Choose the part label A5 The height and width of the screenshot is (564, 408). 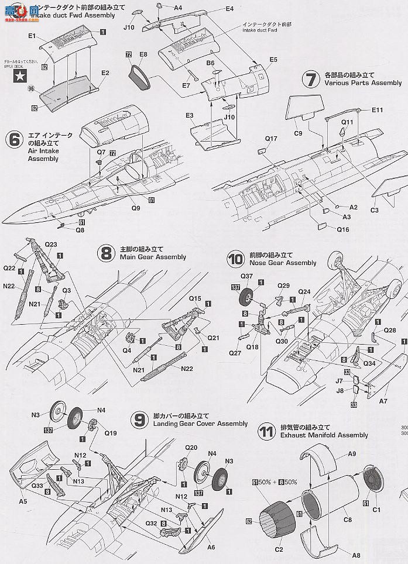coord(23,501)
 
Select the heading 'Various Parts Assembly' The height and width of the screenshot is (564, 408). coord(363,83)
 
